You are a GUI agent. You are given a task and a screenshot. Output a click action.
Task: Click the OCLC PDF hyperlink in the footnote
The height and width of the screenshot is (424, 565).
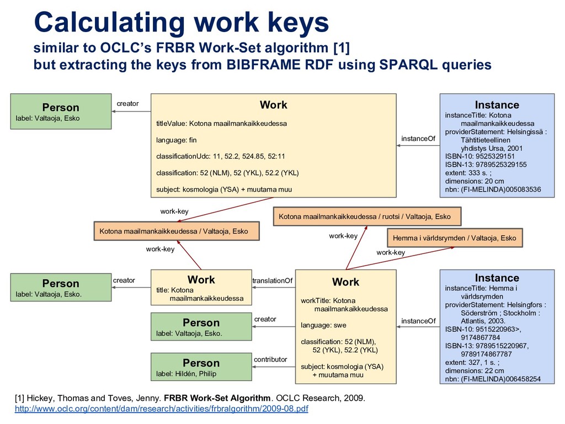[161, 409]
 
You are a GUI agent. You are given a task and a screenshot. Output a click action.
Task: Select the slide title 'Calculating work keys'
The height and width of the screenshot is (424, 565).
[182, 23]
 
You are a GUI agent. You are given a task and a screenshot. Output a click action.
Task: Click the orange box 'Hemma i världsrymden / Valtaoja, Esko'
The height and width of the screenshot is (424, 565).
[455, 238]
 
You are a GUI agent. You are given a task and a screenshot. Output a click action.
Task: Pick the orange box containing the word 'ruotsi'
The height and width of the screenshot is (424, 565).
[367, 216]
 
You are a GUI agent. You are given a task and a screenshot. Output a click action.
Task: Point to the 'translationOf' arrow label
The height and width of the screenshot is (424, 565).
[273, 281]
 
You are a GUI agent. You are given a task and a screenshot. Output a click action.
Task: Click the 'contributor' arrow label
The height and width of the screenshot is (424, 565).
[270, 359]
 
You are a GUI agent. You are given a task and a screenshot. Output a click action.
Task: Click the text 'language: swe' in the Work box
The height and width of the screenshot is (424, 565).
[323, 326]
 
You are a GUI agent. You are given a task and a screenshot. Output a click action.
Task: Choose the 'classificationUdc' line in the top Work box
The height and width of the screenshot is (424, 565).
[221, 157]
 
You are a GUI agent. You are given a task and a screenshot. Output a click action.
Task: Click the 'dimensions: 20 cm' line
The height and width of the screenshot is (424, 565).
[475, 181]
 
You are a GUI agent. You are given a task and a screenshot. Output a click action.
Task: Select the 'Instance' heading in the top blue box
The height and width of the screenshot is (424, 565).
[497, 105]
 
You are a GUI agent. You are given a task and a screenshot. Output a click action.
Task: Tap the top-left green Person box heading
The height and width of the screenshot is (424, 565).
[61, 107]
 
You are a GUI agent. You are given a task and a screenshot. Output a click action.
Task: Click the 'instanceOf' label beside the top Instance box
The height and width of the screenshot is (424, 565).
[418, 139]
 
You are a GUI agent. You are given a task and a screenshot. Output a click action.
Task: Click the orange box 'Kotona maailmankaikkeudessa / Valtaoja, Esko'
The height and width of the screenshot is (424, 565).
[174, 231]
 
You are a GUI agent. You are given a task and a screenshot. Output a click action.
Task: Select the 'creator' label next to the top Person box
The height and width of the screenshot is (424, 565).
[127, 103]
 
